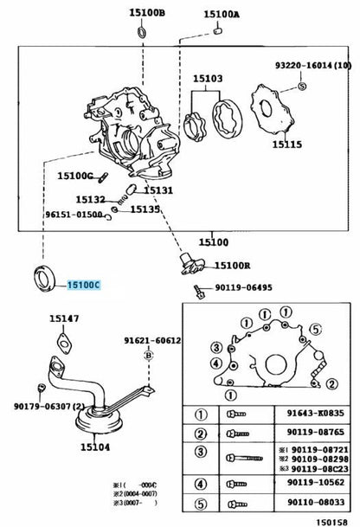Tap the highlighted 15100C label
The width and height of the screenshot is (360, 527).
(85, 284)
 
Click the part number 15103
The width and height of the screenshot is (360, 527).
(208, 78)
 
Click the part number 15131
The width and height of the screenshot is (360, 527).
(158, 190)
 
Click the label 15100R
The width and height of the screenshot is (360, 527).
(232, 266)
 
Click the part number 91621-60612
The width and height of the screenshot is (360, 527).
(151, 340)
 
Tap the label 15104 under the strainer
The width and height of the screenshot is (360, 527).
(96, 448)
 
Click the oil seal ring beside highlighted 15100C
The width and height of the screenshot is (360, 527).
(45, 278)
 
